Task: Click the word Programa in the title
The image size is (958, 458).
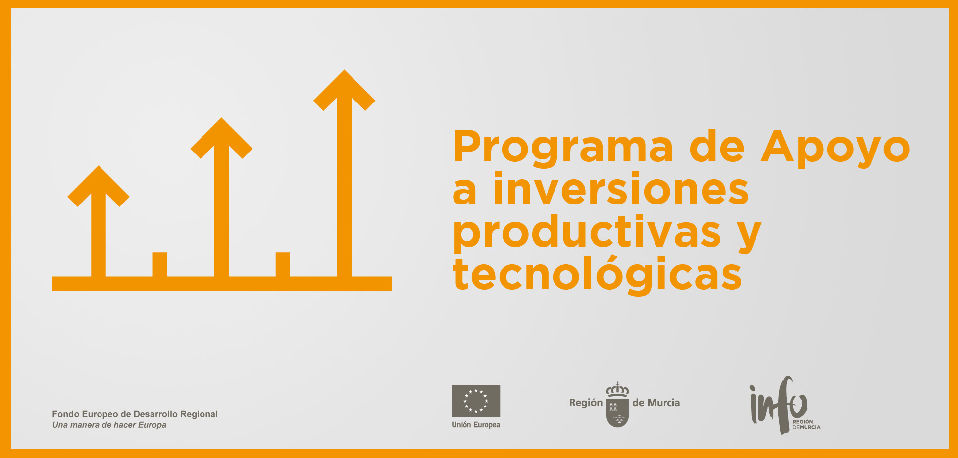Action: (563, 147)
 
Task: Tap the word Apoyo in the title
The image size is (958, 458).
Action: (835, 147)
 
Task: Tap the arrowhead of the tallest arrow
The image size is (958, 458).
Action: (344, 90)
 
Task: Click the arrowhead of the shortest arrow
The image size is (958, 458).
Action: (99, 186)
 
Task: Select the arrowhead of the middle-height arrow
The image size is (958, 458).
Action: (221, 138)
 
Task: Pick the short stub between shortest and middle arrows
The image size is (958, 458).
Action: (160, 264)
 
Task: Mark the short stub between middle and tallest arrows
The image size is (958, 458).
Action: (283, 264)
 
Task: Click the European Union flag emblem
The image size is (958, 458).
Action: (476, 401)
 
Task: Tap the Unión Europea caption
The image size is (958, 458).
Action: (476, 425)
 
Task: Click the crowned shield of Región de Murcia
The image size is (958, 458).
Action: (617, 405)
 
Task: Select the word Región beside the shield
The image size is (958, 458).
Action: (586, 403)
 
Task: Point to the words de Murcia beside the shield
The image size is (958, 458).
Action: (656, 403)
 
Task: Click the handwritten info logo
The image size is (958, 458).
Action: (778, 405)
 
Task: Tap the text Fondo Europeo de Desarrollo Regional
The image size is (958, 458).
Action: (135, 414)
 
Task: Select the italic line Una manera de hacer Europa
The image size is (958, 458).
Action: (109, 425)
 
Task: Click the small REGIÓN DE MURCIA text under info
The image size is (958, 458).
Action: (806, 424)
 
